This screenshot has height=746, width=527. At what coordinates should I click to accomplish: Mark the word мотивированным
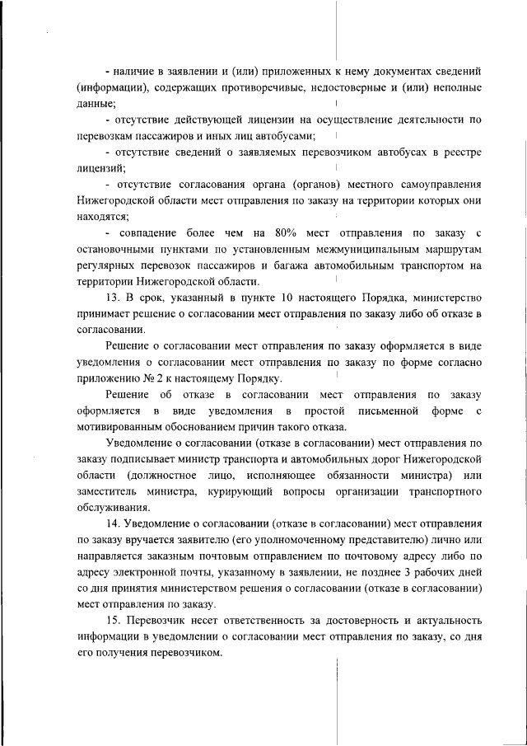(123, 426)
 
